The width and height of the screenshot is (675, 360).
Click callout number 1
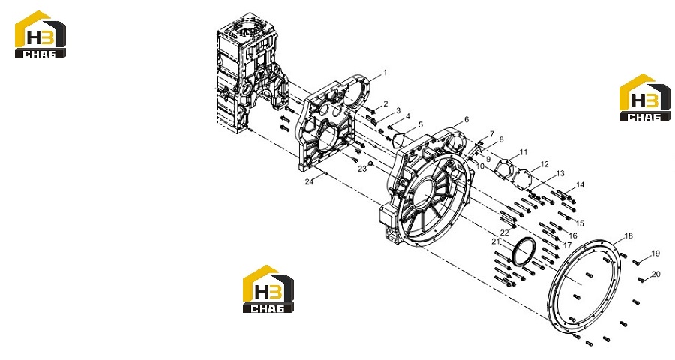coord(385,72)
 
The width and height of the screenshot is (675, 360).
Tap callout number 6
coord(466,119)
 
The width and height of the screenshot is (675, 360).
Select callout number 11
coord(523,152)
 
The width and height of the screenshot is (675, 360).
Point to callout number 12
coord(544,164)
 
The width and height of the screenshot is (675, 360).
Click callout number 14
coord(580,184)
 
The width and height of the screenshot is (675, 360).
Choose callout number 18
coord(628,235)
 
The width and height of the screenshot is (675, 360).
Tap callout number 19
coord(655,253)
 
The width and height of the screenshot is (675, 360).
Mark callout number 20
coord(655,274)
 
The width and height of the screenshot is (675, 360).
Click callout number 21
coord(496,241)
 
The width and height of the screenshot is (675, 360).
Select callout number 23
coord(362,169)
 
